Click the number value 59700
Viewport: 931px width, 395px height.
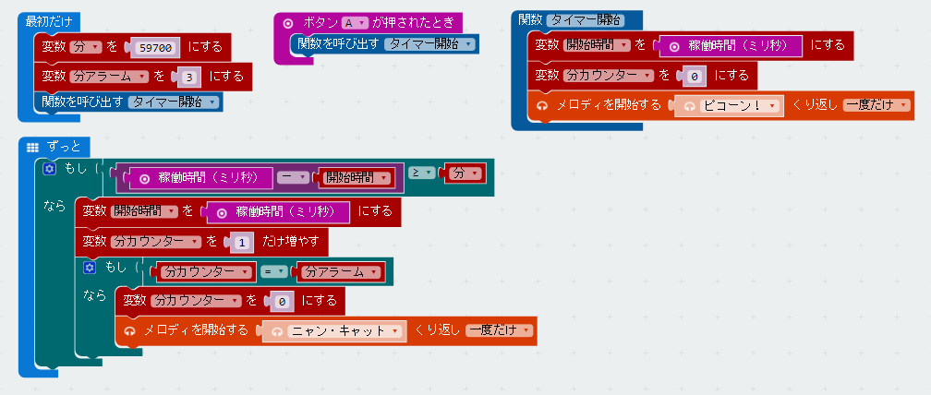tap(155, 47)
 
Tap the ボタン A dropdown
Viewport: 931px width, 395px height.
tap(355, 22)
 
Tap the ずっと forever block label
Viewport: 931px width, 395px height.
tap(63, 147)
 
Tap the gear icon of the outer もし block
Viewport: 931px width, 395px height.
tap(50, 169)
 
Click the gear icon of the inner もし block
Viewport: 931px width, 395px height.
tap(90, 268)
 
